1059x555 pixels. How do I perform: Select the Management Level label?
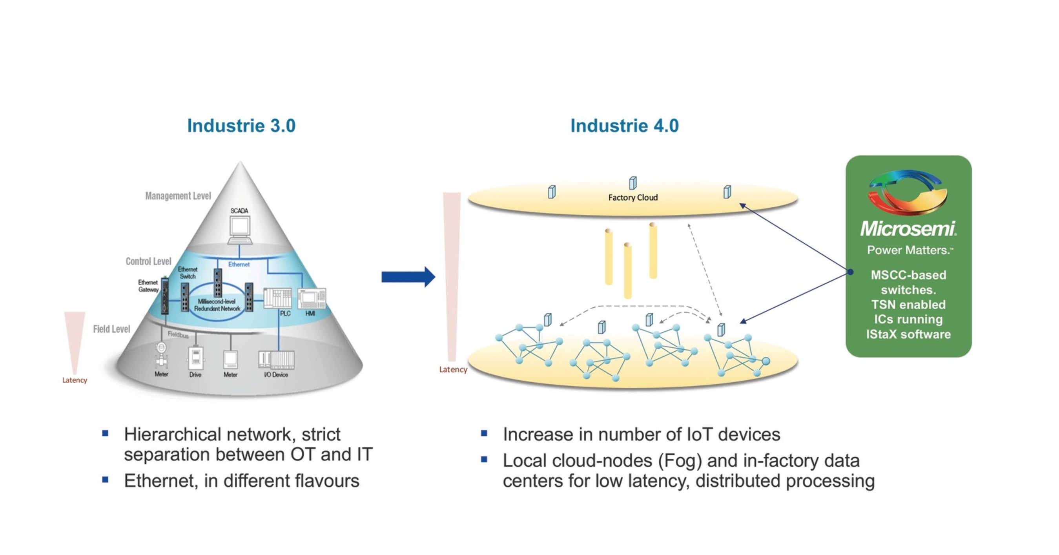click(x=178, y=196)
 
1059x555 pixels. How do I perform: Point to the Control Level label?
click(x=148, y=261)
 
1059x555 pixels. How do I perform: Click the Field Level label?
click(x=111, y=329)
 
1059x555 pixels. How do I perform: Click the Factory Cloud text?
click(x=632, y=198)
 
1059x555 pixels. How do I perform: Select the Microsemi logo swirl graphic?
click(x=908, y=192)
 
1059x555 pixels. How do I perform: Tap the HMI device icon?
click(x=312, y=298)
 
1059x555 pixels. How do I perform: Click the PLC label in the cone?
click(x=285, y=313)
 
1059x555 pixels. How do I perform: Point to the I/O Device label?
click(x=275, y=374)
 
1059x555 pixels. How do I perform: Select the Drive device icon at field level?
click(x=196, y=358)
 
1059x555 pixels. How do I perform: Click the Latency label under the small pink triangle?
click(x=75, y=380)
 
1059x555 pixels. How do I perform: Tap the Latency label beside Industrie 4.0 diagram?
click(x=453, y=369)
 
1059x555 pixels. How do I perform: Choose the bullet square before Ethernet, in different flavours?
click(x=105, y=479)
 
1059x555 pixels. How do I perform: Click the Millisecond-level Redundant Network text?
click(x=217, y=305)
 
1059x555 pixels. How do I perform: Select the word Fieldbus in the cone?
click(x=178, y=335)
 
